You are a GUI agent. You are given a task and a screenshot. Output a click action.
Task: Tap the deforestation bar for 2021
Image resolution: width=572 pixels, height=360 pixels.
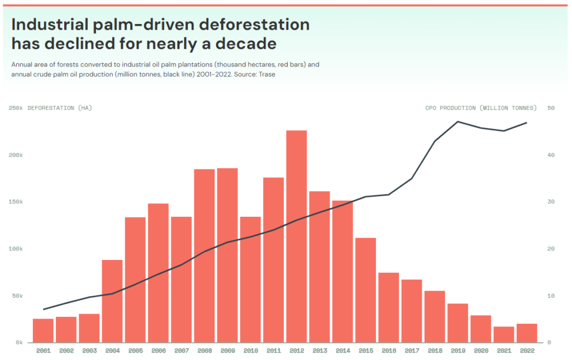click(503, 334)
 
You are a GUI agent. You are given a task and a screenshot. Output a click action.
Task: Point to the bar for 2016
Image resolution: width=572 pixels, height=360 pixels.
click(388, 307)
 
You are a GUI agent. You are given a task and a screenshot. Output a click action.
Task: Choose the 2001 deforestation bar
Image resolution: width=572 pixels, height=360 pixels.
click(43, 330)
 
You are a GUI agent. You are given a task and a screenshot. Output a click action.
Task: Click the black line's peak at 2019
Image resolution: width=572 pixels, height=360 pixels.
click(457, 121)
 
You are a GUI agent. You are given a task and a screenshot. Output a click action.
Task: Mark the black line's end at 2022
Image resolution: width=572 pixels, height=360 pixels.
click(526, 123)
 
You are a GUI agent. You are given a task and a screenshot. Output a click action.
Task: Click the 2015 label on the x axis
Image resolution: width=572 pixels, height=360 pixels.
click(365, 350)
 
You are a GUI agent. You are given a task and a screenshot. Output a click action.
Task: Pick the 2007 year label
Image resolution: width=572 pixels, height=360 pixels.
click(181, 350)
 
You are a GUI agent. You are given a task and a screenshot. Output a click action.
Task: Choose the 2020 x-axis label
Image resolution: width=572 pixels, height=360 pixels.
click(480, 350)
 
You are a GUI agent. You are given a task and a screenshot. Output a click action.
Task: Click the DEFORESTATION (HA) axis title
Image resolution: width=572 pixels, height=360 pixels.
click(60, 108)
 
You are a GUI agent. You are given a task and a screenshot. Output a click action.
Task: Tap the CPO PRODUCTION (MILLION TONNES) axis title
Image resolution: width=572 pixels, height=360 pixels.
click(480, 108)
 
